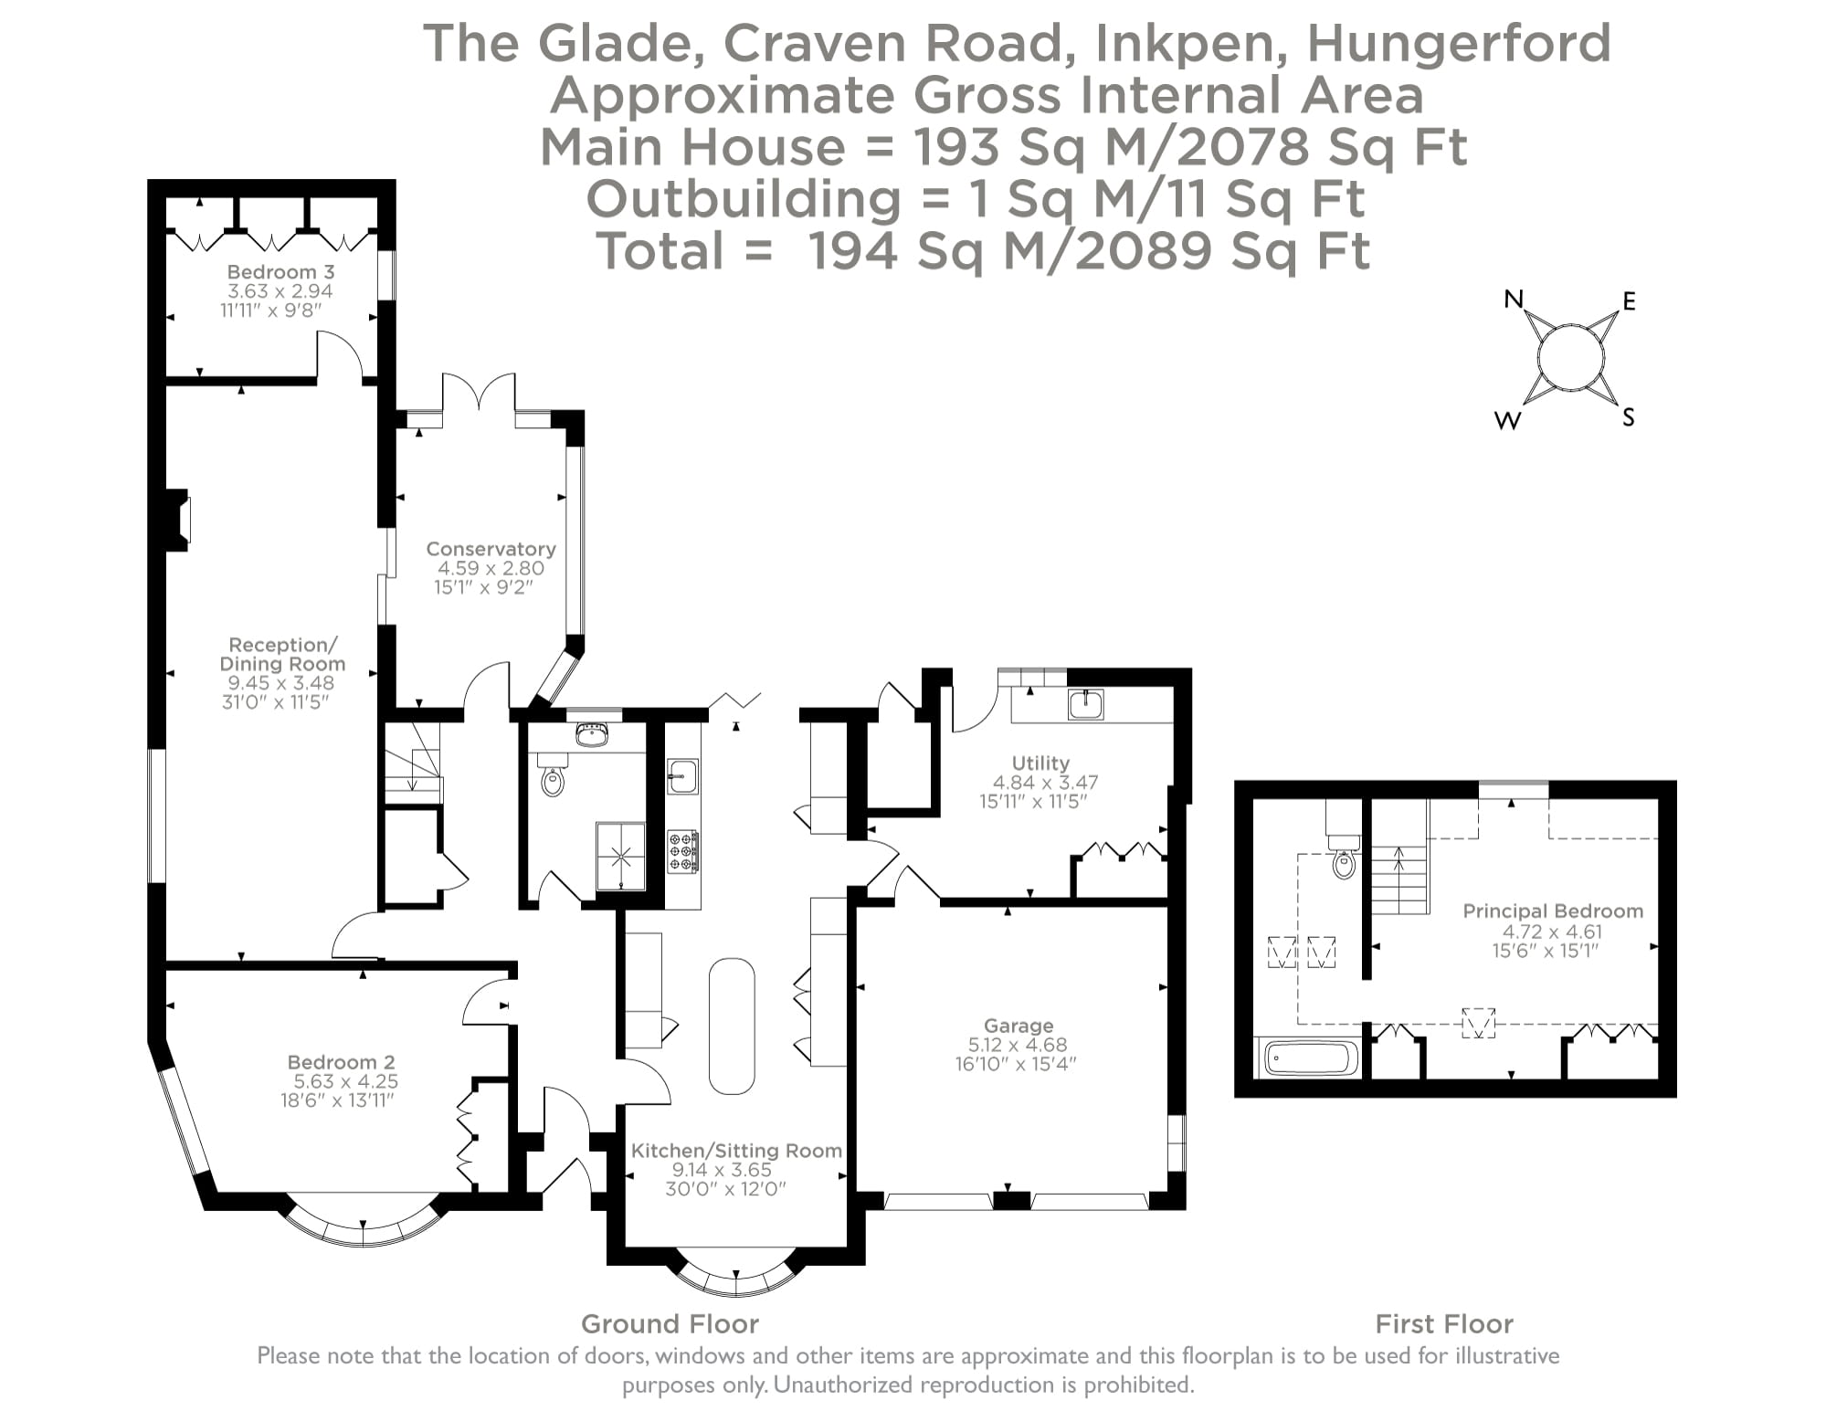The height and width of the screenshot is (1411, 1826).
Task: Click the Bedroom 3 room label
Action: tap(280, 272)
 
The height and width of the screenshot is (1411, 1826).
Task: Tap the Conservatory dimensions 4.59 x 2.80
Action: tap(491, 568)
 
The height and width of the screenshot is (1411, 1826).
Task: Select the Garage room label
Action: tap(1019, 1026)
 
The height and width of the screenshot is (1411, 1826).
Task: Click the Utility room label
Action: tap(1040, 763)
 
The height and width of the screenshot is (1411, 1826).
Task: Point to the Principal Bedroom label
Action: tap(1553, 911)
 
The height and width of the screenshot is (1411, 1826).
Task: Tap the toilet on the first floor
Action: tap(1343, 863)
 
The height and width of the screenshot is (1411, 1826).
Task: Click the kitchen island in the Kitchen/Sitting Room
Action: tap(732, 1026)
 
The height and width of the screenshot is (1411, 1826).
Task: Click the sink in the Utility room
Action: tap(1085, 704)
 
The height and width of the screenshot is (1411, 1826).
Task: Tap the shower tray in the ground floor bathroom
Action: tap(621, 856)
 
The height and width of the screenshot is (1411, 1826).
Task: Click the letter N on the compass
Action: tap(1514, 299)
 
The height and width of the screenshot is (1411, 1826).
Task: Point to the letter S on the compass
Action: tap(1627, 418)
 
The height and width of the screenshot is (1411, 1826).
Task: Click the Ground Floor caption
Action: tap(670, 1323)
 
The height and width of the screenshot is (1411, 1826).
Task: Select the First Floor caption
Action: tap(1444, 1323)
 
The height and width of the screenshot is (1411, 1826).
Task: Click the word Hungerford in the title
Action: tap(1459, 43)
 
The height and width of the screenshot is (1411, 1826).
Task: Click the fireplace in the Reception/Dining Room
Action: tap(177, 521)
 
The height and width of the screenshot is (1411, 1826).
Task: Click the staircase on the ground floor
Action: tap(412, 763)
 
